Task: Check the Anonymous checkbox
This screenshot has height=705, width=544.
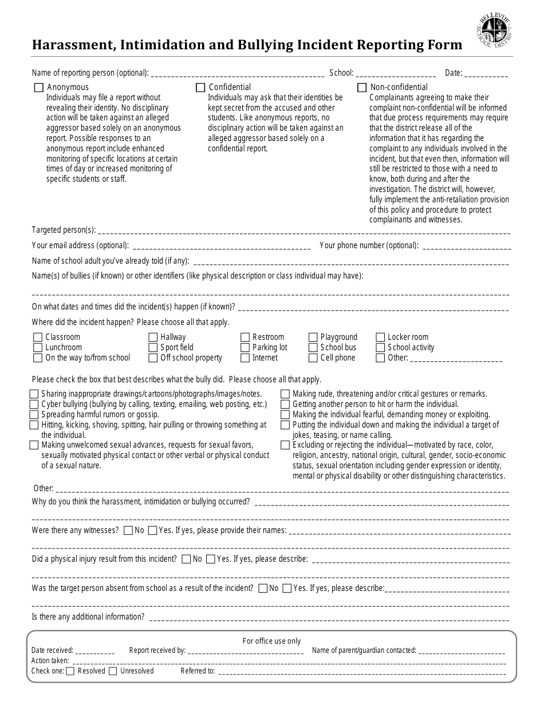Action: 39,88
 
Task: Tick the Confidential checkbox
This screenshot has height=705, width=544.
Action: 200,88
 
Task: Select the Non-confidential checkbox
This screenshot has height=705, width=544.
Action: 362,88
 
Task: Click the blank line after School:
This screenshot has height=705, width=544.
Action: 396,73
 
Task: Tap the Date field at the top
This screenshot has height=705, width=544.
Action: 486,73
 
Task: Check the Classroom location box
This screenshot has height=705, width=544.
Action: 38,338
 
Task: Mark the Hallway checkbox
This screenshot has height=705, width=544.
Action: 153,338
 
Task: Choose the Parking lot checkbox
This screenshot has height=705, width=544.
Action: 245,348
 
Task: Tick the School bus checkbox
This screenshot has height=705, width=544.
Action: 313,348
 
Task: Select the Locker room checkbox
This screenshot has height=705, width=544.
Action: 380,338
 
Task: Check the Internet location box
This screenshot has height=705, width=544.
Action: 245,358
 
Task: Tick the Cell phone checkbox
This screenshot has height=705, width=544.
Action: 313,358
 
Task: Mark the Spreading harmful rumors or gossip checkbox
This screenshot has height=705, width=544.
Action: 34,414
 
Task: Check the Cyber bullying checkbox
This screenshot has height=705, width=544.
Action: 34,404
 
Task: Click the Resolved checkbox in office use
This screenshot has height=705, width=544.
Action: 70,671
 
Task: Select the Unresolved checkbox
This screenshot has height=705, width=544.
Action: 113,671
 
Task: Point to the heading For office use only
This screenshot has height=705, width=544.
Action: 271,641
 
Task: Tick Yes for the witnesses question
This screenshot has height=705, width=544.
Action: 152,531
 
